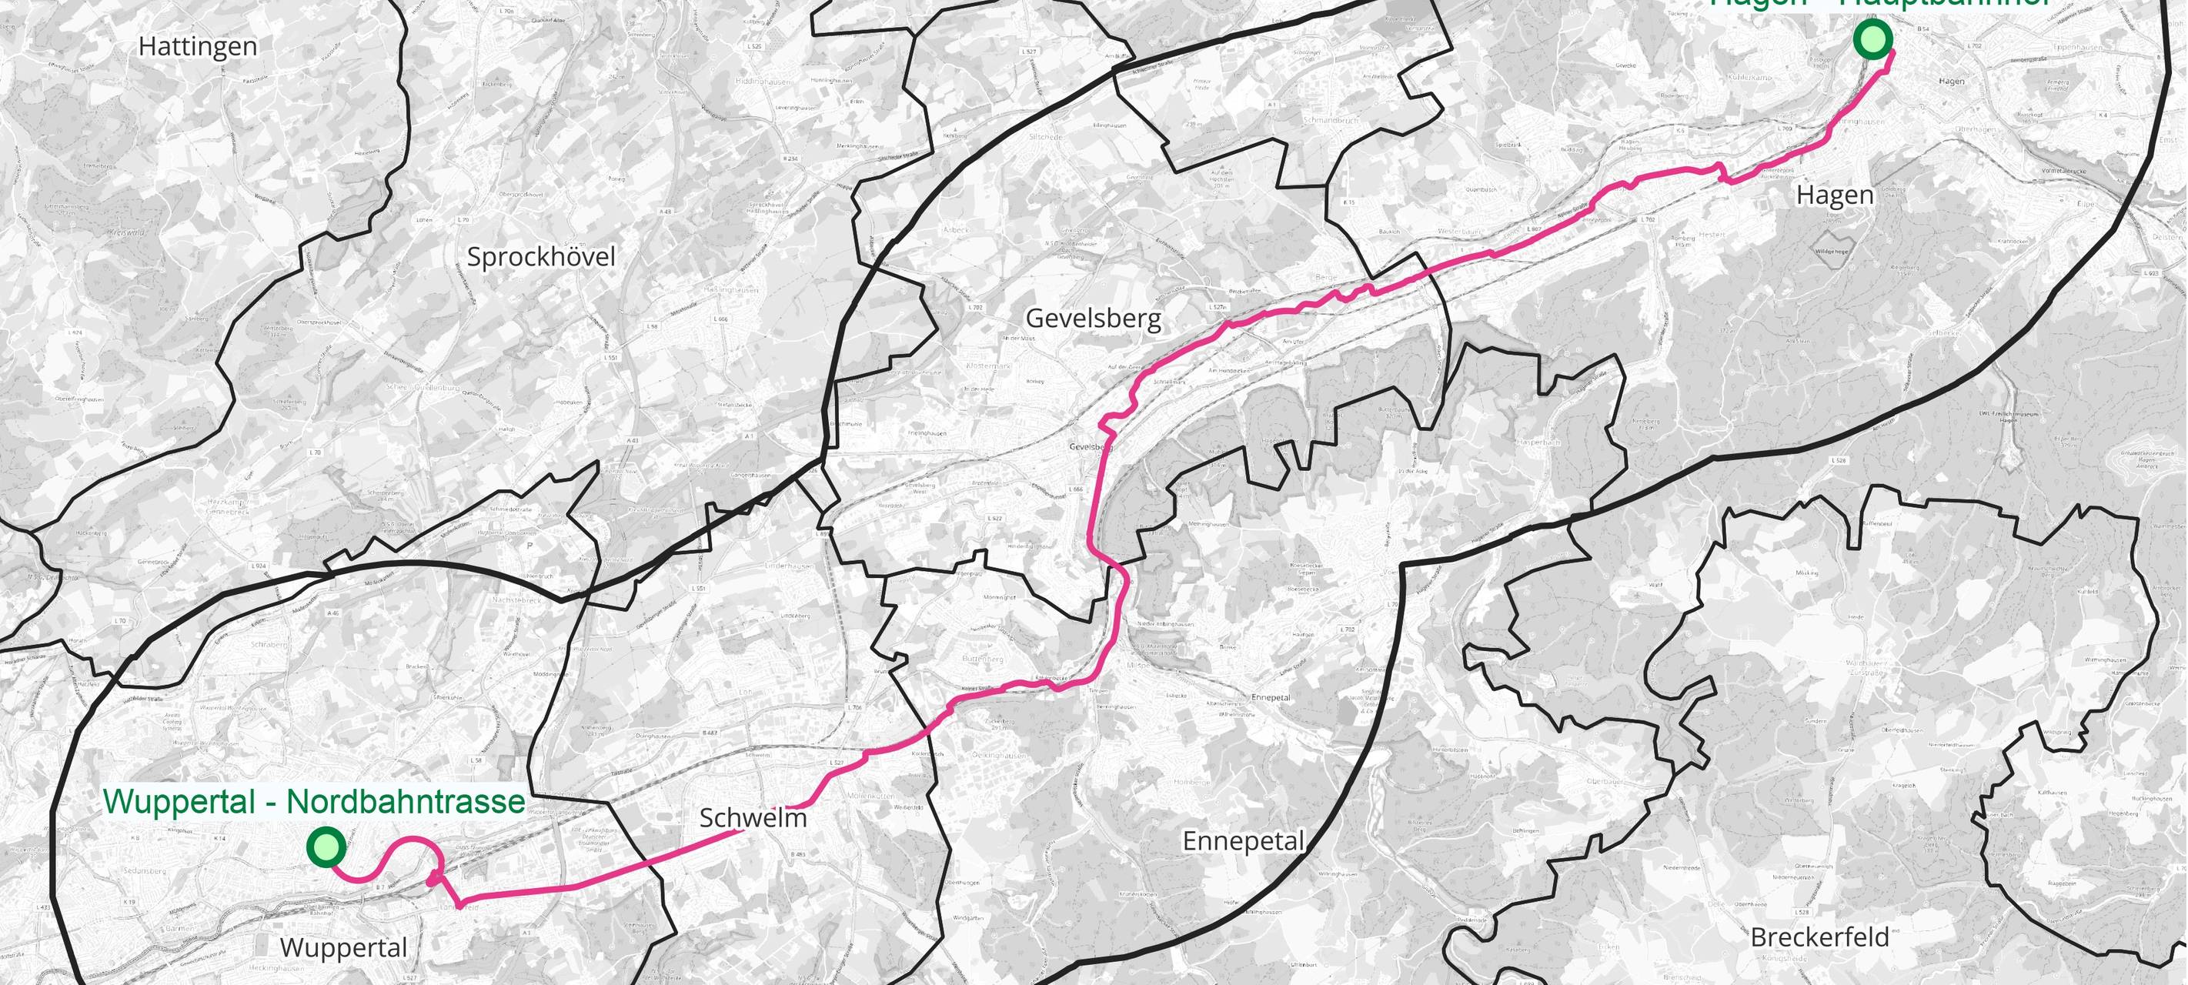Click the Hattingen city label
point(198,47)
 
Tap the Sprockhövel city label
point(541,256)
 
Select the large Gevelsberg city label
point(1093,319)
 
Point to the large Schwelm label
point(753,818)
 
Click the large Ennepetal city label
point(1244,840)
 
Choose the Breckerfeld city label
point(1819,937)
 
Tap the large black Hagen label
point(1835,195)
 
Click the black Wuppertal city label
point(343,947)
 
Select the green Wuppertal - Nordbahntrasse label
point(313,802)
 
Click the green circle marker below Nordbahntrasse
point(326,846)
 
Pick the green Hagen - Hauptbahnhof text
point(1878,3)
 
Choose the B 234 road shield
point(790,159)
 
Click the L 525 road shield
point(755,46)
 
